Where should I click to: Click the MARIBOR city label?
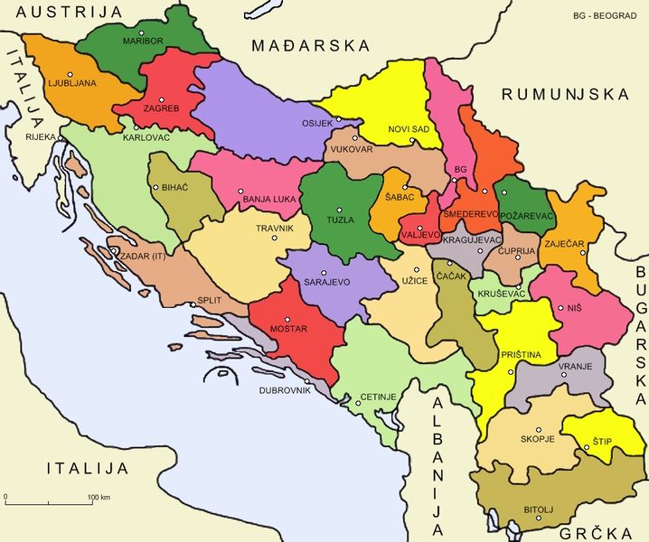coord(144,41)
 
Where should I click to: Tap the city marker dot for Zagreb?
coord(162,99)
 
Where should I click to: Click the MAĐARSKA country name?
coord(311,45)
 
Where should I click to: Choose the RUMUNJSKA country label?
coord(565,94)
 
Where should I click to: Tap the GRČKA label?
coord(591,532)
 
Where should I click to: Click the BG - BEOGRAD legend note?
coord(605,15)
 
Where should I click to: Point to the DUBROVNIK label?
coord(285,391)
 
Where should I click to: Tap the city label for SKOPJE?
coord(537,440)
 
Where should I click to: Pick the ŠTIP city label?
coord(602,441)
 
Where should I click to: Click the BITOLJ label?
coord(539,510)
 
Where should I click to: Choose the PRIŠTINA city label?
coord(521,355)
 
